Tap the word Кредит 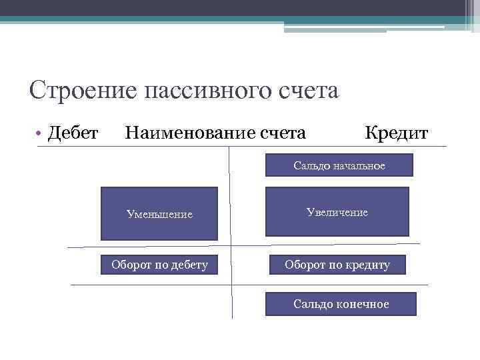(x=396, y=133)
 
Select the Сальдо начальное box (x=339, y=165)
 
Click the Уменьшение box (x=159, y=214)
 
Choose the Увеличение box (x=337, y=212)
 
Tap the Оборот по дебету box (x=159, y=265)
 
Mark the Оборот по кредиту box (x=337, y=265)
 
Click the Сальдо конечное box (x=341, y=304)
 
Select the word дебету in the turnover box (x=189, y=265)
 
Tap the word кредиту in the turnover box (x=368, y=265)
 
